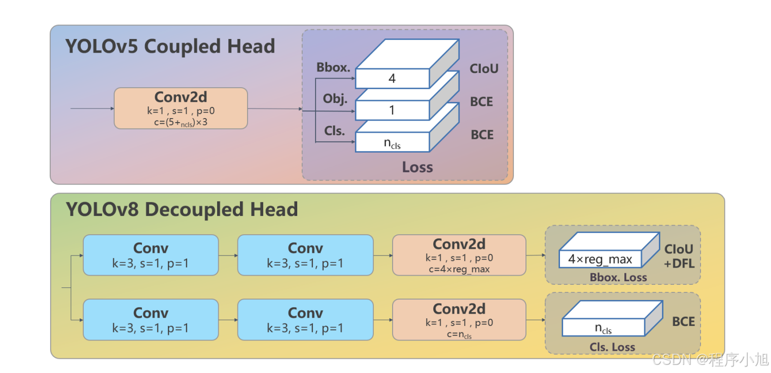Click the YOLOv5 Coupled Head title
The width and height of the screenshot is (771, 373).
(x=170, y=46)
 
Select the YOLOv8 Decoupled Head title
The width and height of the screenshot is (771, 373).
(x=182, y=209)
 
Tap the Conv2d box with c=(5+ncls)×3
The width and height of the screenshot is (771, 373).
(x=181, y=108)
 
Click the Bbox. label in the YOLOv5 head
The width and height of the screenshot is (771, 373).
(x=333, y=67)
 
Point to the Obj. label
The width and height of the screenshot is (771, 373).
(x=335, y=99)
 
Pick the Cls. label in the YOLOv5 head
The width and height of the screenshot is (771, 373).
(x=334, y=131)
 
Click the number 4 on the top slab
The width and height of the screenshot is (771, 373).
(x=392, y=79)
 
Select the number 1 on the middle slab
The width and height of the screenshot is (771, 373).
(x=392, y=110)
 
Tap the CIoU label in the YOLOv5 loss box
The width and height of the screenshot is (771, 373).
(x=484, y=68)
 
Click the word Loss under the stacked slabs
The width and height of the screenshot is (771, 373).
(x=417, y=167)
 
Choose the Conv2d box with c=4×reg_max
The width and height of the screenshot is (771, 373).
(x=459, y=255)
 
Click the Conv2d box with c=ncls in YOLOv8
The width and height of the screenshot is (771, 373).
(x=459, y=319)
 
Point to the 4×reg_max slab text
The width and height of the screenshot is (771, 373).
(x=600, y=259)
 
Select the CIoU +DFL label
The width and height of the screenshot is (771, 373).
(x=679, y=256)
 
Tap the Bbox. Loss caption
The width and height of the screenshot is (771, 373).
(x=618, y=277)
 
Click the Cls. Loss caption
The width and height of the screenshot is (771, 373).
(x=612, y=347)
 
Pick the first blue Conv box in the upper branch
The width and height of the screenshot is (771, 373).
(x=151, y=255)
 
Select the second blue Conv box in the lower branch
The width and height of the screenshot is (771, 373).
(x=305, y=319)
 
